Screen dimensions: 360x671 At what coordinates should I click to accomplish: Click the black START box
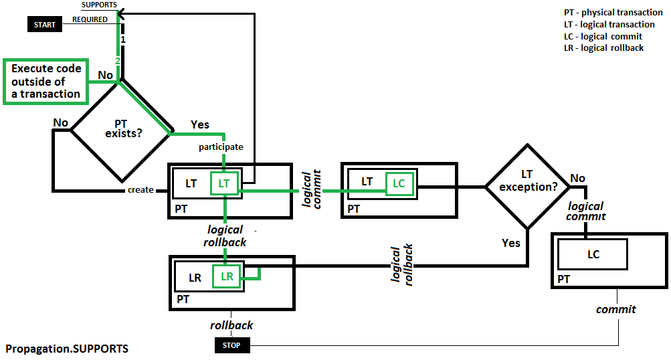point(45,25)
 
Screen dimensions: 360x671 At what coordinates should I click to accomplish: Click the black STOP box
point(231,345)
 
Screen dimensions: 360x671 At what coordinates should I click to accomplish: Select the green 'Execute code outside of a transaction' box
point(46,82)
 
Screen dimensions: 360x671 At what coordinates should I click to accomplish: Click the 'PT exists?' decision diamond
point(120,130)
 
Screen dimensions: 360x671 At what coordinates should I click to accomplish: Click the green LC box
point(399,183)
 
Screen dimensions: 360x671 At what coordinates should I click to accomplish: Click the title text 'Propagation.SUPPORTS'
point(67,349)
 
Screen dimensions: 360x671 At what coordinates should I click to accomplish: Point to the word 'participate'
point(221,147)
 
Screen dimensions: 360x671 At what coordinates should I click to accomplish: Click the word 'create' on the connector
point(140,190)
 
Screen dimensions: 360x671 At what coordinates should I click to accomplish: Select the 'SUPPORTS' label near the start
point(99,5)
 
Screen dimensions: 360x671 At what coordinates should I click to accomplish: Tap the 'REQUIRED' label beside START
point(90,19)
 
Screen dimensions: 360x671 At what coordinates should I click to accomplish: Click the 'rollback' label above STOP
point(231,325)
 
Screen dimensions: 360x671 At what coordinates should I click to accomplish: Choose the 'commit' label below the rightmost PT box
point(616,309)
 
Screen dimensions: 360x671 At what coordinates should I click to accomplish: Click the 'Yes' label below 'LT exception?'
point(510,243)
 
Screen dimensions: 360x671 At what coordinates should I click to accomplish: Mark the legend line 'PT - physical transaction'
point(613,13)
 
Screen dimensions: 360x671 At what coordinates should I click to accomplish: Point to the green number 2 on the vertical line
point(118,61)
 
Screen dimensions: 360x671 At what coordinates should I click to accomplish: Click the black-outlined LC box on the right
point(593,254)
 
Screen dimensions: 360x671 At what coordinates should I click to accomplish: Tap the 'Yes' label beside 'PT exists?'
point(199,124)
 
